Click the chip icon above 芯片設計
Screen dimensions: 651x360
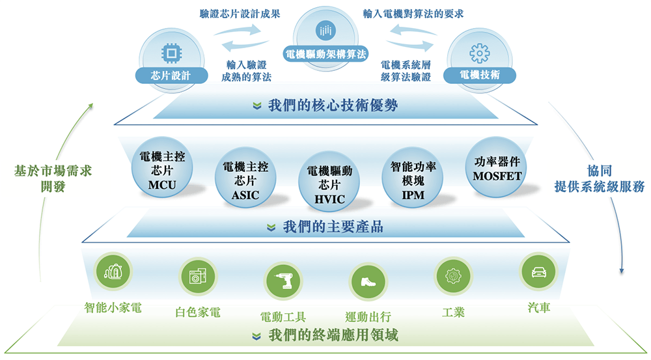pyautogui.click(x=171, y=53)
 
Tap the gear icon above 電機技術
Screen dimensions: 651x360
pyautogui.click(x=480, y=53)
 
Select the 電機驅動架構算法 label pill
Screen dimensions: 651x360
pyautogui.click(x=325, y=54)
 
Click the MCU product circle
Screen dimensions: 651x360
pyautogui.click(x=162, y=167)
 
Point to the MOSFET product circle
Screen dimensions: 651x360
pyautogui.click(x=497, y=167)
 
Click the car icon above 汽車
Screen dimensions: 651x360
pyautogui.click(x=538, y=271)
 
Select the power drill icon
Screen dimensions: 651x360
pyautogui.click(x=283, y=281)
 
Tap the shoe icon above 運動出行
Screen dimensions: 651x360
pyautogui.click(x=368, y=281)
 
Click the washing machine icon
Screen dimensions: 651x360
pyautogui.click(x=198, y=276)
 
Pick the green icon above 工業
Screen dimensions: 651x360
pyautogui.click(x=453, y=276)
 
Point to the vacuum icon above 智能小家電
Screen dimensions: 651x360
pyautogui.click(x=113, y=271)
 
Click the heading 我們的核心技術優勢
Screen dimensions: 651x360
pyautogui.click(x=333, y=105)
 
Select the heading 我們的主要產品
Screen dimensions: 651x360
pyautogui.click(x=333, y=227)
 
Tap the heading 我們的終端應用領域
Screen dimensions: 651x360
pyautogui.click(x=333, y=335)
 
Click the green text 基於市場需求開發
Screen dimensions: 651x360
pyautogui.click(x=53, y=178)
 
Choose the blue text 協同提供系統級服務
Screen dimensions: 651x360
pyautogui.click(x=599, y=178)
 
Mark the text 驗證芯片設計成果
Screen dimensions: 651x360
pyautogui.click(x=240, y=14)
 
